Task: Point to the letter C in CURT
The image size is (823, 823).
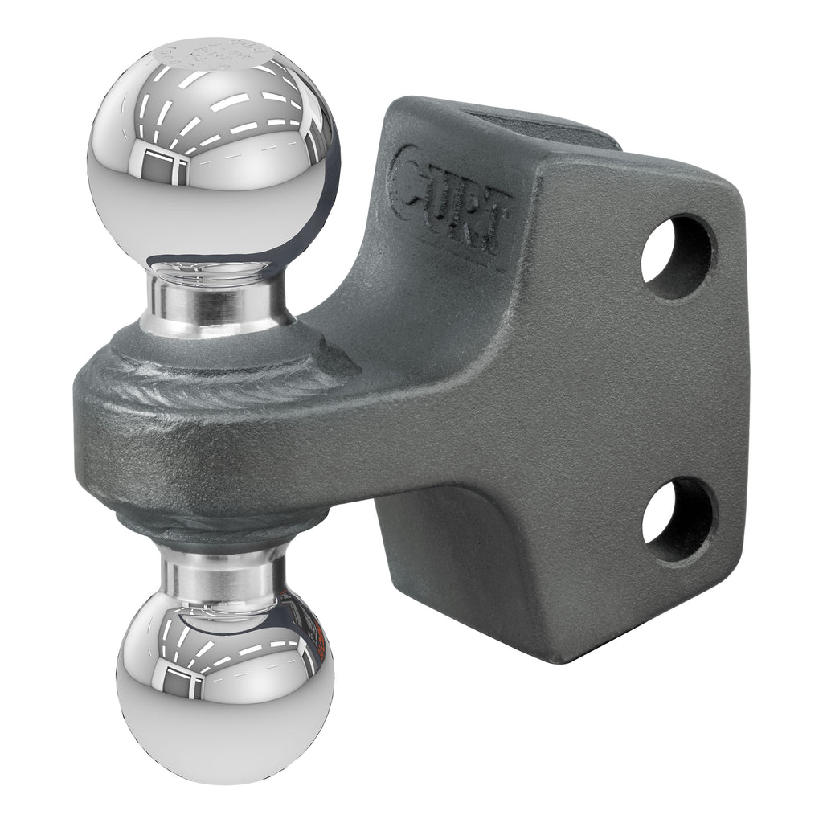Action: coord(409,173)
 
